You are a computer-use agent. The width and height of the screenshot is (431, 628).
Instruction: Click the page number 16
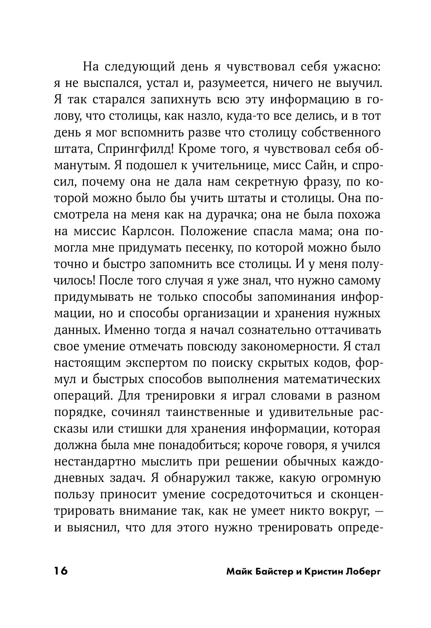61,571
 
